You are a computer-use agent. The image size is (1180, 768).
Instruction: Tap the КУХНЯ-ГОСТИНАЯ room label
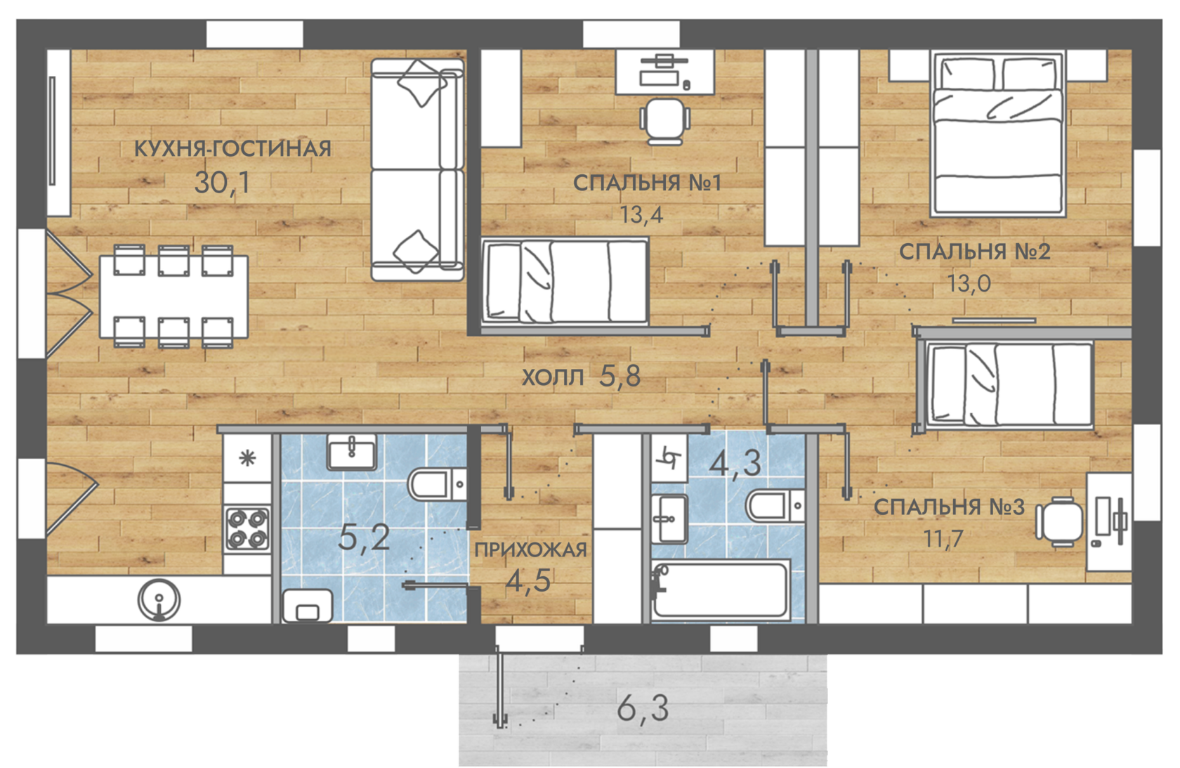coord(233,149)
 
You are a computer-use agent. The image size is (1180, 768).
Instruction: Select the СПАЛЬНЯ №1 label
coord(647,183)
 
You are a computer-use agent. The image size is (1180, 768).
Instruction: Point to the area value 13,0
coord(969,284)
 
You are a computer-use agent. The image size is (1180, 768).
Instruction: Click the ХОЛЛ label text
coord(553,377)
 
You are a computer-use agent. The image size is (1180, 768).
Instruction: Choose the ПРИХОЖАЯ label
coord(530,549)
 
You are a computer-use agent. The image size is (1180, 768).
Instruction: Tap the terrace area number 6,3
coord(643,709)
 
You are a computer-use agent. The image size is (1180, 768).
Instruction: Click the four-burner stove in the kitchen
coord(247,528)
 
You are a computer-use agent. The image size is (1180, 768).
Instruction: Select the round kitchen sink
coord(159,600)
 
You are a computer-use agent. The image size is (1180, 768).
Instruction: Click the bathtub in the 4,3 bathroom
coord(721,590)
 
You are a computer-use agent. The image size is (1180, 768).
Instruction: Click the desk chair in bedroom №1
coord(664,122)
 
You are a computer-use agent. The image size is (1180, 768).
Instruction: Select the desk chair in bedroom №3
coord(1059,521)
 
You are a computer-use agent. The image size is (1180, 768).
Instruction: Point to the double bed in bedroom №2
coord(997,134)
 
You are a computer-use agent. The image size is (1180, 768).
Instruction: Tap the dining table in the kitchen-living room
coord(174,297)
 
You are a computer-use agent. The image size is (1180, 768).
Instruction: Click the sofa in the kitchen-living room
coord(417,169)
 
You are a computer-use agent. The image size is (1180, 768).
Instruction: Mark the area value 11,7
coord(943,539)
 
